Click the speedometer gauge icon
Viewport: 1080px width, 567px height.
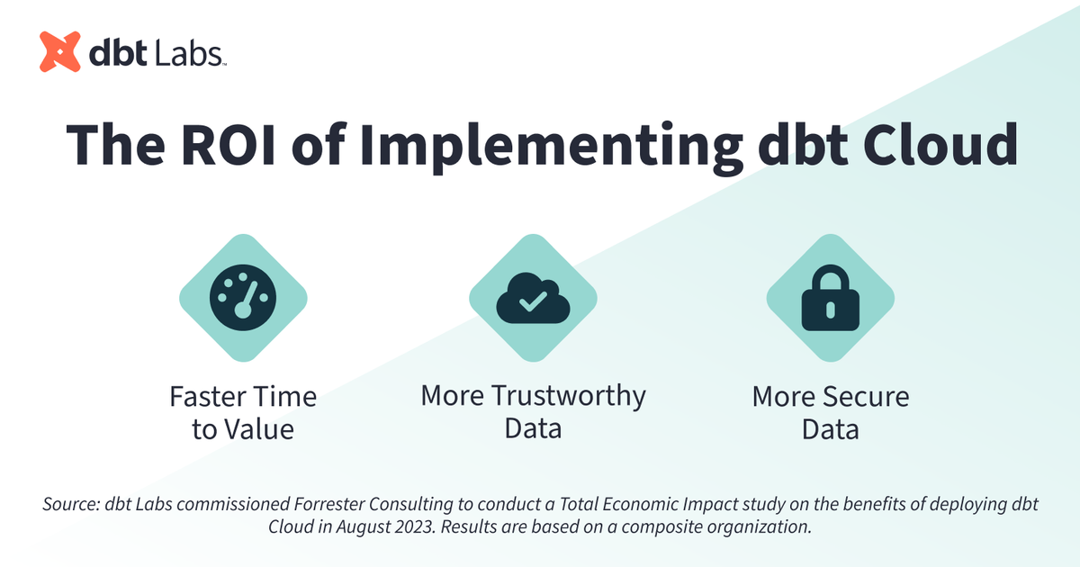pos(243,298)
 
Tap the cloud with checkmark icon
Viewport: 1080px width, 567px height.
pos(532,298)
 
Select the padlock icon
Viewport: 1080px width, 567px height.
pos(829,298)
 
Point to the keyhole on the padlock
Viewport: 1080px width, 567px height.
pos(829,310)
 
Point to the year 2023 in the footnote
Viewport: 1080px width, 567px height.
pos(421,526)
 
